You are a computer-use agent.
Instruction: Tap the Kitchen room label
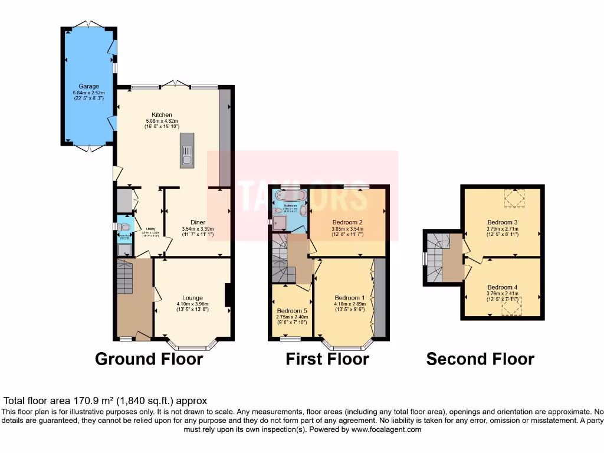pos(162,114)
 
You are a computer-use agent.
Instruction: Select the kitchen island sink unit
pos(187,150)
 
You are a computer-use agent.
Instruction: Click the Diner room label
pos(198,222)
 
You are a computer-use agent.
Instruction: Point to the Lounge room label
pos(192,298)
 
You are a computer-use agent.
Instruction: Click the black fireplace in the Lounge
pos(228,296)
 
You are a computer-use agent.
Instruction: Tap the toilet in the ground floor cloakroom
pos(123,227)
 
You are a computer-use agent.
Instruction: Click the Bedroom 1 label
pos(350,297)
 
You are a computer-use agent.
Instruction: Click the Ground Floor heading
pos(149,359)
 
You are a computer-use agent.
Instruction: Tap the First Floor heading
pos(327,359)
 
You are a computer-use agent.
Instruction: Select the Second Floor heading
pos(480,359)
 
